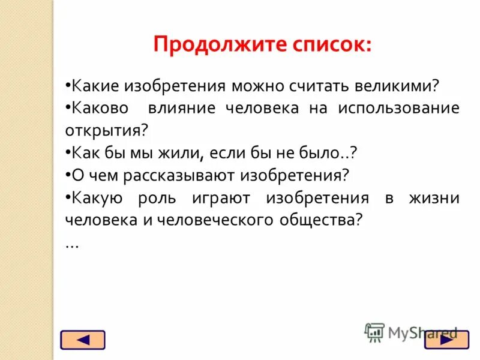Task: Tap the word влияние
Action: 182,108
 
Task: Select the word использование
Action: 398,108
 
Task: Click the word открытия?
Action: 106,130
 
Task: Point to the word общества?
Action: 321,220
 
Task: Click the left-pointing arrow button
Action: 83,340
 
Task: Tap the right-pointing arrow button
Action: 446,340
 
